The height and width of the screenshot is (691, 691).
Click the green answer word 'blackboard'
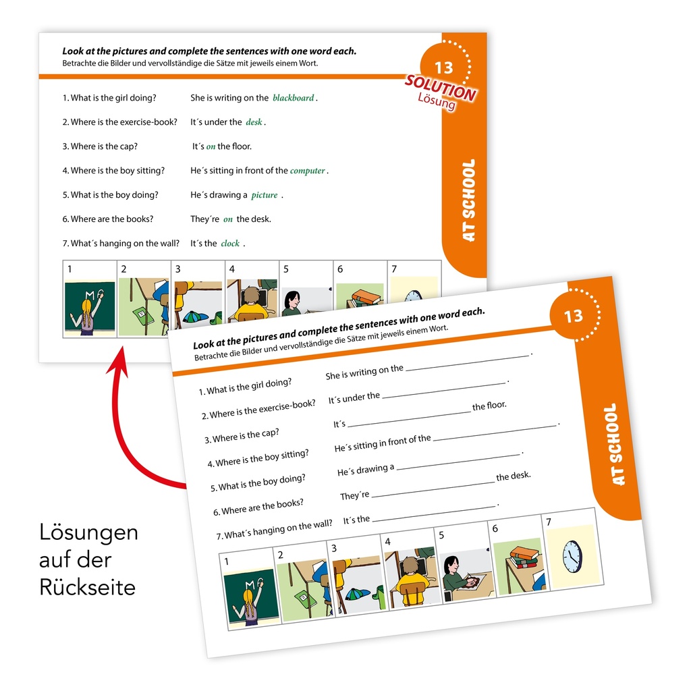pyautogui.click(x=293, y=98)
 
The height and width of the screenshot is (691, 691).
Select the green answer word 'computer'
pyautogui.click(x=307, y=171)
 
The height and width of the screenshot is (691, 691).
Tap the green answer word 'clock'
pyautogui.click(x=230, y=243)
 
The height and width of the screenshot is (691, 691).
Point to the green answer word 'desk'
pyautogui.click(x=254, y=122)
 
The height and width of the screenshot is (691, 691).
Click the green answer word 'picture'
pyautogui.click(x=265, y=195)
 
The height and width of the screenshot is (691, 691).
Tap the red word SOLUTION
pyautogui.click(x=440, y=88)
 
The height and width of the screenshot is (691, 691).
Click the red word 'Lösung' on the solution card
pyautogui.click(x=437, y=102)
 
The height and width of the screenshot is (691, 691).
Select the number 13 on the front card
pyautogui.click(x=574, y=316)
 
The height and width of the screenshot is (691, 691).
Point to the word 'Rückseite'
pyautogui.click(x=87, y=588)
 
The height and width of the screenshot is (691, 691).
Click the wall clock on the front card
pyautogui.click(x=572, y=557)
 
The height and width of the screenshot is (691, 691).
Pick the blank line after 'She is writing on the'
pyautogui.click(x=467, y=362)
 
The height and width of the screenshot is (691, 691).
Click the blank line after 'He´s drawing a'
pyautogui.click(x=458, y=462)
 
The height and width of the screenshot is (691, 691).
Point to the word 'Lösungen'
pyautogui.click(x=88, y=532)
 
